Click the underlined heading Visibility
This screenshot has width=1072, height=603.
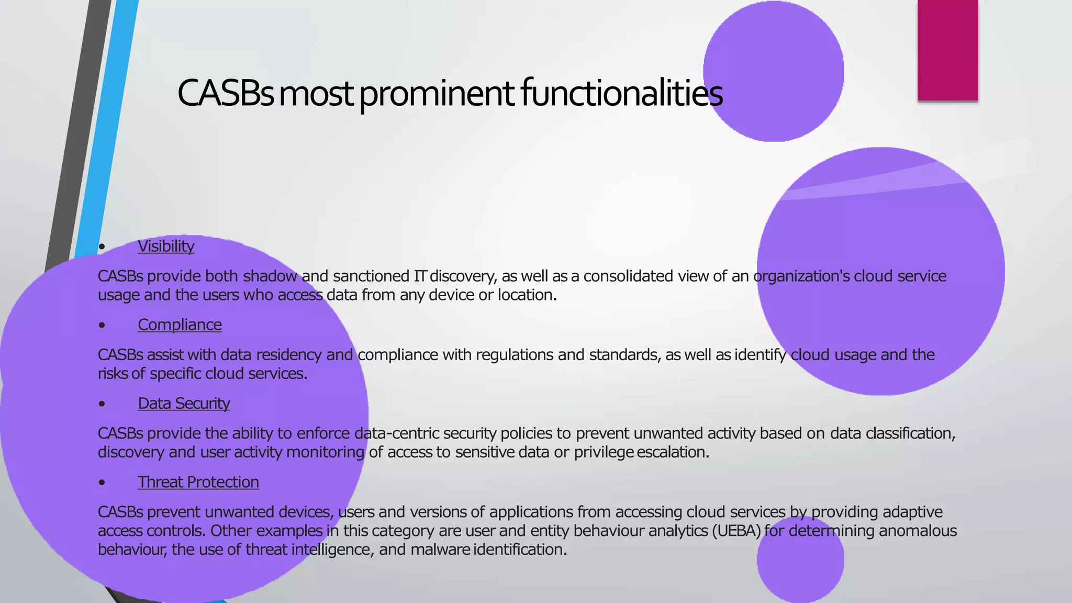click(x=166, y=246)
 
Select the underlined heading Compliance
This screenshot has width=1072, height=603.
click(x=180, y=325)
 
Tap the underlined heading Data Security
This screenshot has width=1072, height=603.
click(x=184, y=403)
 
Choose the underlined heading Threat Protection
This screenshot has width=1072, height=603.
click(x=198, y=482)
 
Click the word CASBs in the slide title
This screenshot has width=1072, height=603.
click(x=225, y=93)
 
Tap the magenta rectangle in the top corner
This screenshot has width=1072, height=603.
click(x=947, y=50)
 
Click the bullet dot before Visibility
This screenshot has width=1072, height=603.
click(x=102, y=247)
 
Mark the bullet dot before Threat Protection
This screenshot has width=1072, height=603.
click(x=102, y=482)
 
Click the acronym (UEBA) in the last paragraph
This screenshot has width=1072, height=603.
click(x=736, y=531)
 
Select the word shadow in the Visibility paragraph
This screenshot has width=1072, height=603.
click(x=270, y=276)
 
